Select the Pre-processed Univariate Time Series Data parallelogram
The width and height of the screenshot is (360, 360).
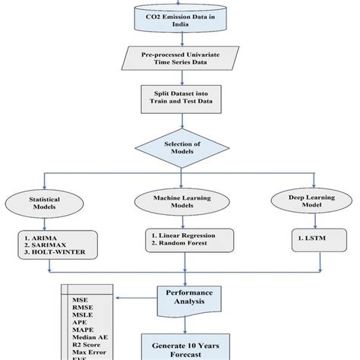pyautogui.click(x=179, y=62)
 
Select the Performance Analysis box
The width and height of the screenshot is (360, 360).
pyautogui.click(x=185, y=295)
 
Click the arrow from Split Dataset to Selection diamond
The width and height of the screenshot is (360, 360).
pyautogui.click(x=180, y=122)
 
